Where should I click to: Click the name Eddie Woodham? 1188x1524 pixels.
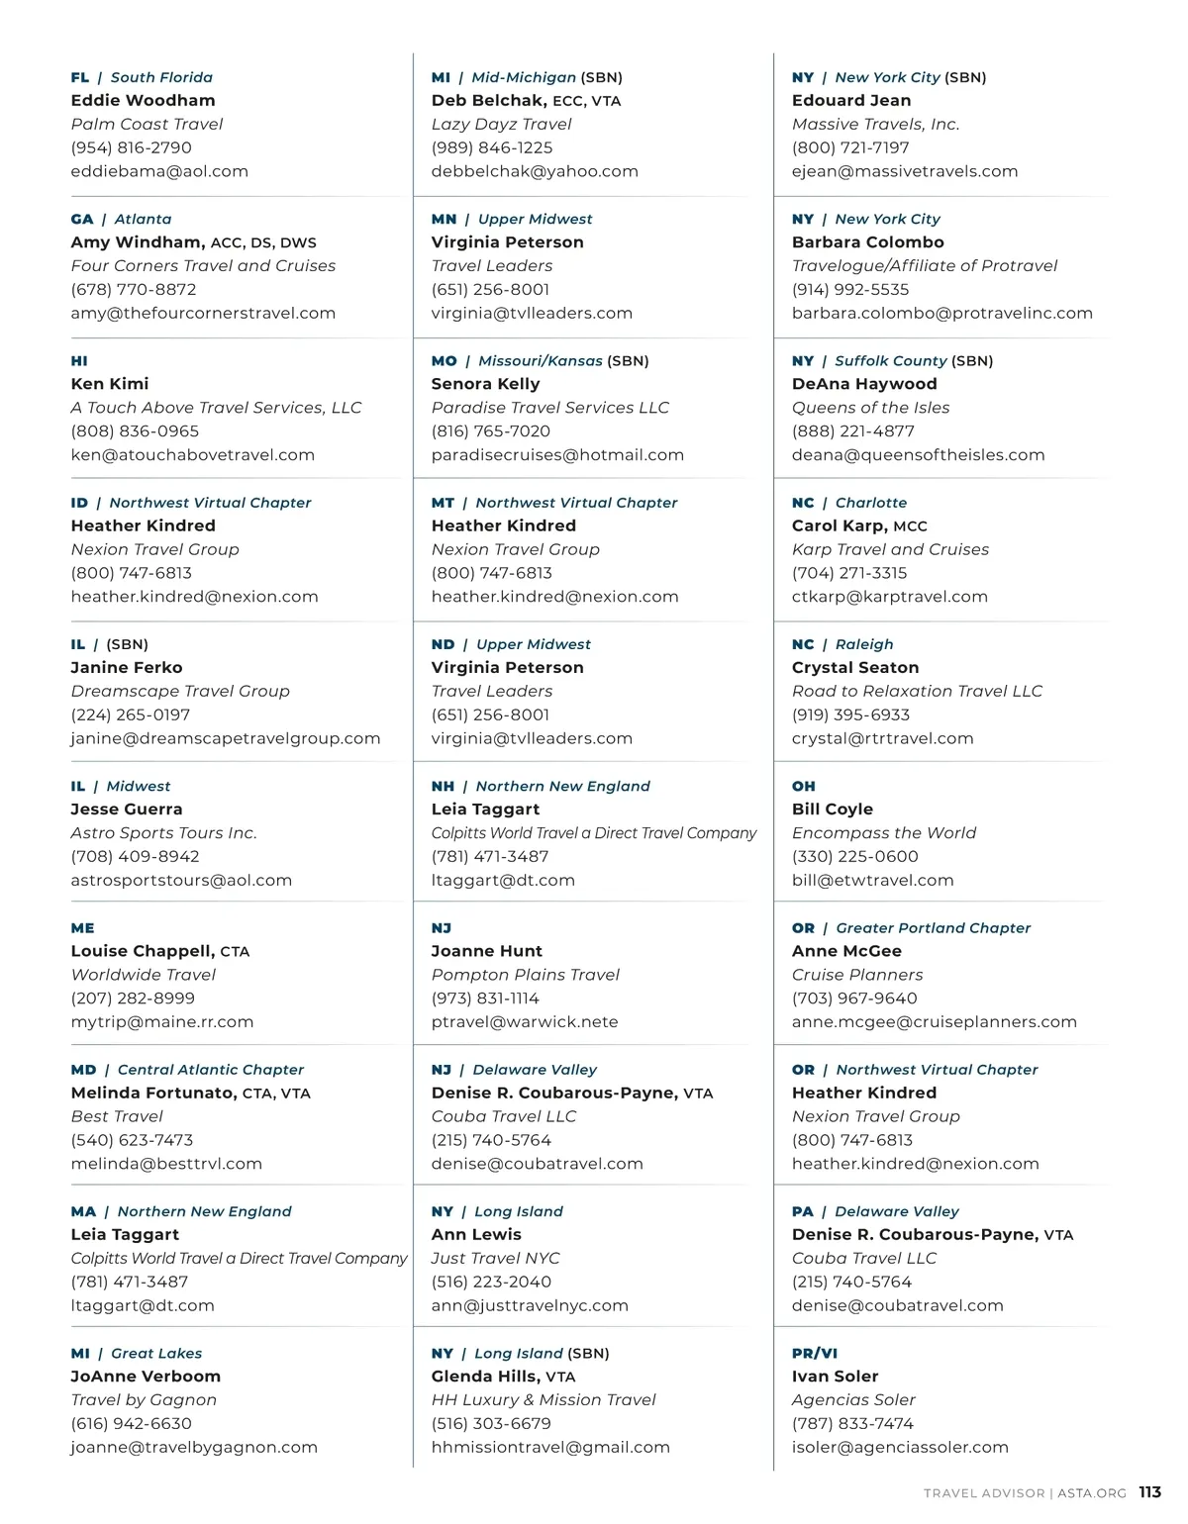click(143, 100)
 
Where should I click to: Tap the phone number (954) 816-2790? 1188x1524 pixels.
click(131, 147)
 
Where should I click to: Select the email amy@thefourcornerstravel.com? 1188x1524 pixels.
click(203, 313)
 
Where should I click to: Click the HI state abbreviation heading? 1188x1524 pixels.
click(79, 361)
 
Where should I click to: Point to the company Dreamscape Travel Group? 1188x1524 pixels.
click(180, 691)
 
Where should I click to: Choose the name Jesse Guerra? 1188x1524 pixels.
click(127, 809)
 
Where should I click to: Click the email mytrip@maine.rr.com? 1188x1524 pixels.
click(162, 1021)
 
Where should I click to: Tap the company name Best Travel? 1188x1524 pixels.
click(116, 1116)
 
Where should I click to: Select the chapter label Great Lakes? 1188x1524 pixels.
click(156, 1353)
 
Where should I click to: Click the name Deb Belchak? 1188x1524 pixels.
click(488, 100)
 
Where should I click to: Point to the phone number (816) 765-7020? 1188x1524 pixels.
click(491, 431)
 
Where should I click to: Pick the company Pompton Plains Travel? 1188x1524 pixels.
click(525, 975)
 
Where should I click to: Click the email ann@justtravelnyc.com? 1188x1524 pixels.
click(530, 1305)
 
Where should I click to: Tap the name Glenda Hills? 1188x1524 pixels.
click(485, 1376)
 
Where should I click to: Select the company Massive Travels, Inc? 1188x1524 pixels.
click(875, 124)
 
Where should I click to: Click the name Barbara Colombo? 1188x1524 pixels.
click(867, 241)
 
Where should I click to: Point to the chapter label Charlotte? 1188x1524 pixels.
click(870, 503)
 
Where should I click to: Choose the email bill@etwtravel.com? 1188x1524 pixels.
click(872, 880)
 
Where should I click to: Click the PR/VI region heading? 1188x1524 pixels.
click(815, 1353)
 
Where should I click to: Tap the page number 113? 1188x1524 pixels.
click(1149, 1492)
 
